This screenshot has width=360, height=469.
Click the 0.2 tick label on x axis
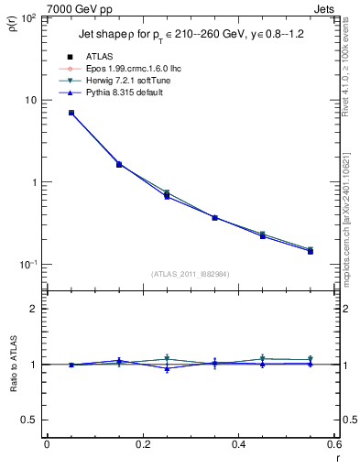[142, 445]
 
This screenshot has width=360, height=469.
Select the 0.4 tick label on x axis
[238, 445]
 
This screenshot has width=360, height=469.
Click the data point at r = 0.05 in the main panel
[71, 113]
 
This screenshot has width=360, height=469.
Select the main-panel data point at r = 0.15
[119, 165]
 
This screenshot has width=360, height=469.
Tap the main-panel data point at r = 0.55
[311, 250]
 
